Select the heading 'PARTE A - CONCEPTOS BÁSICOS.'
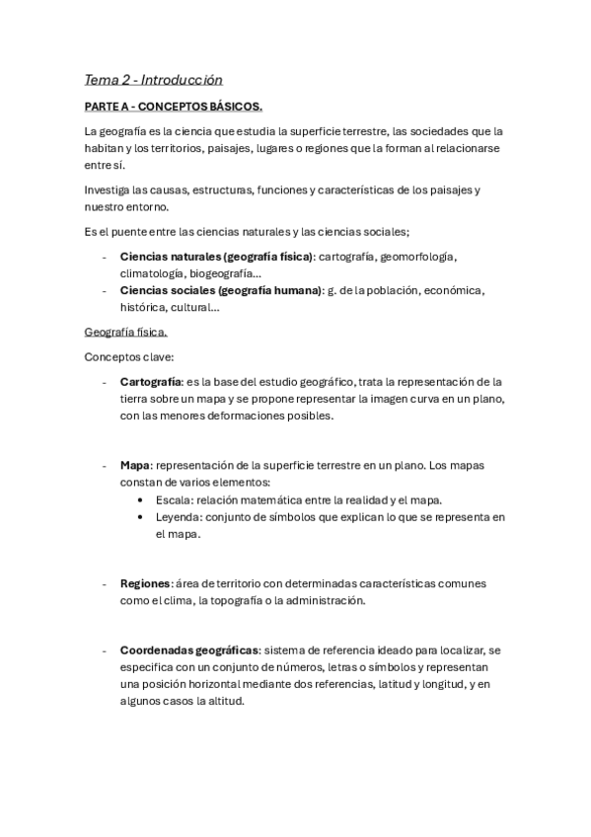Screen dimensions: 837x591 (174, 106)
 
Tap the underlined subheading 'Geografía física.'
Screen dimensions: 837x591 (126, 332)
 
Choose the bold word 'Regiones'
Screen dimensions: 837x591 (145, 583)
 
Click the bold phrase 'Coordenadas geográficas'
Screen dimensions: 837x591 (189, 650)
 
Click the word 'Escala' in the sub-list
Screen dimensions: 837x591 (174, 499)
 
